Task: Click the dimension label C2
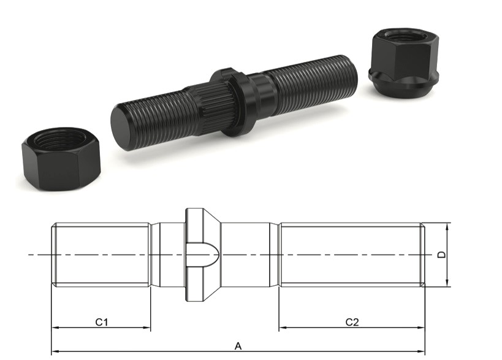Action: pyautogui.click(x=352, y=321)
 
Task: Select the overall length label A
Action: pyautogui.click(x=238, y=346)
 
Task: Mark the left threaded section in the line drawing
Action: pyautogui.click(x=101, y=255)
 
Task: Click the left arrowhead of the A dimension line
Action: pyautogui.click(x=54, y=352)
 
